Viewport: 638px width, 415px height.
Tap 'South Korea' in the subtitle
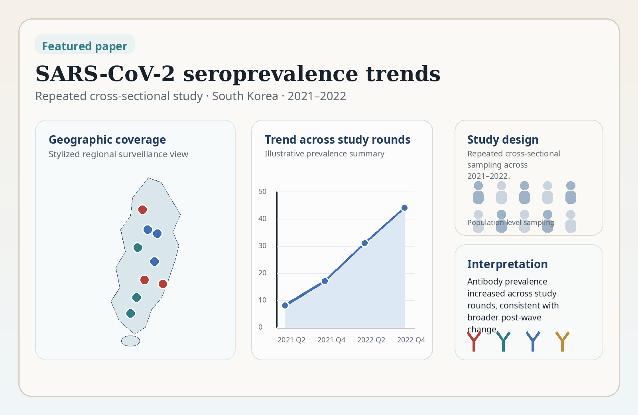(245, 96)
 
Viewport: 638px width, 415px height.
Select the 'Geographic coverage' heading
(107, 140)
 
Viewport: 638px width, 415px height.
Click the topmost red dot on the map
(142, 209)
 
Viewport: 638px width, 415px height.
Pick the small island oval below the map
(130, 341)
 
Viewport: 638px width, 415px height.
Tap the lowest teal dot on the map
(130, 313)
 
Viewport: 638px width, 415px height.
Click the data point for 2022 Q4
(404, 207)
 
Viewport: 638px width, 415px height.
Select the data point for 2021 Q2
(285, 305)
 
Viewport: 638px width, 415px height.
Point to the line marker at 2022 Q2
(364, 243)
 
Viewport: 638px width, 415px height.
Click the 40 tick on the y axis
(262, 219)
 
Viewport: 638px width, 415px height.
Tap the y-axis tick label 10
(262, 300)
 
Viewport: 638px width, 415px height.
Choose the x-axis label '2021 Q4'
(331, 340)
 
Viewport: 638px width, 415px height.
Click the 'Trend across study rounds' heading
(337, 140)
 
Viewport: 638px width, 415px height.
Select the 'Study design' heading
(503, 140)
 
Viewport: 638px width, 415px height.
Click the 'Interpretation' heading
(507, 264)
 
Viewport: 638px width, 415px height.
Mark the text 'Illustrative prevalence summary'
(324, 154)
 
